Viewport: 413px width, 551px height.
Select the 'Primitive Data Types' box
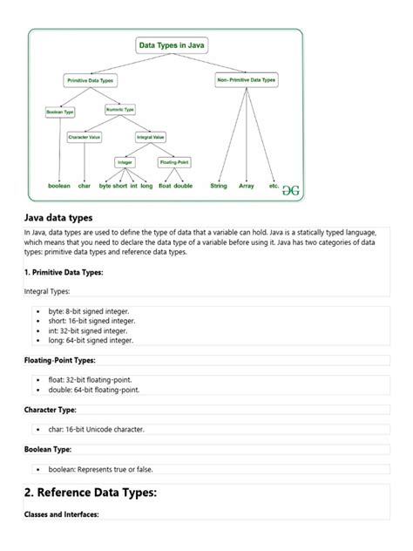90,80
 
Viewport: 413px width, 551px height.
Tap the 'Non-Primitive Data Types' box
246,80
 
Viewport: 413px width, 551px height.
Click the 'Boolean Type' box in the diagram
60,112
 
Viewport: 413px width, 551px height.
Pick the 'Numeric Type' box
120,110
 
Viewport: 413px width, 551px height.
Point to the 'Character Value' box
85,137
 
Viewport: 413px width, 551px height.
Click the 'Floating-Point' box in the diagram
175,162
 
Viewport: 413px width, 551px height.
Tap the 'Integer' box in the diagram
125,162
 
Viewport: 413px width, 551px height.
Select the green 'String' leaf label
219,186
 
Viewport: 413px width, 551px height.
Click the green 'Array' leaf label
247,186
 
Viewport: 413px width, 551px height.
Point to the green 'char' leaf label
85,186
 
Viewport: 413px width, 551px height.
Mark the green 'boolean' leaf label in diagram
59,186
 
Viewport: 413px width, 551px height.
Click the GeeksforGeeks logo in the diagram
290,188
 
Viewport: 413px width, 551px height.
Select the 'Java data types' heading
58,217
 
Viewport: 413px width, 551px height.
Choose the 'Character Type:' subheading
51,409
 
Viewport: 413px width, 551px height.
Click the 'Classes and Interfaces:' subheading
62,514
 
